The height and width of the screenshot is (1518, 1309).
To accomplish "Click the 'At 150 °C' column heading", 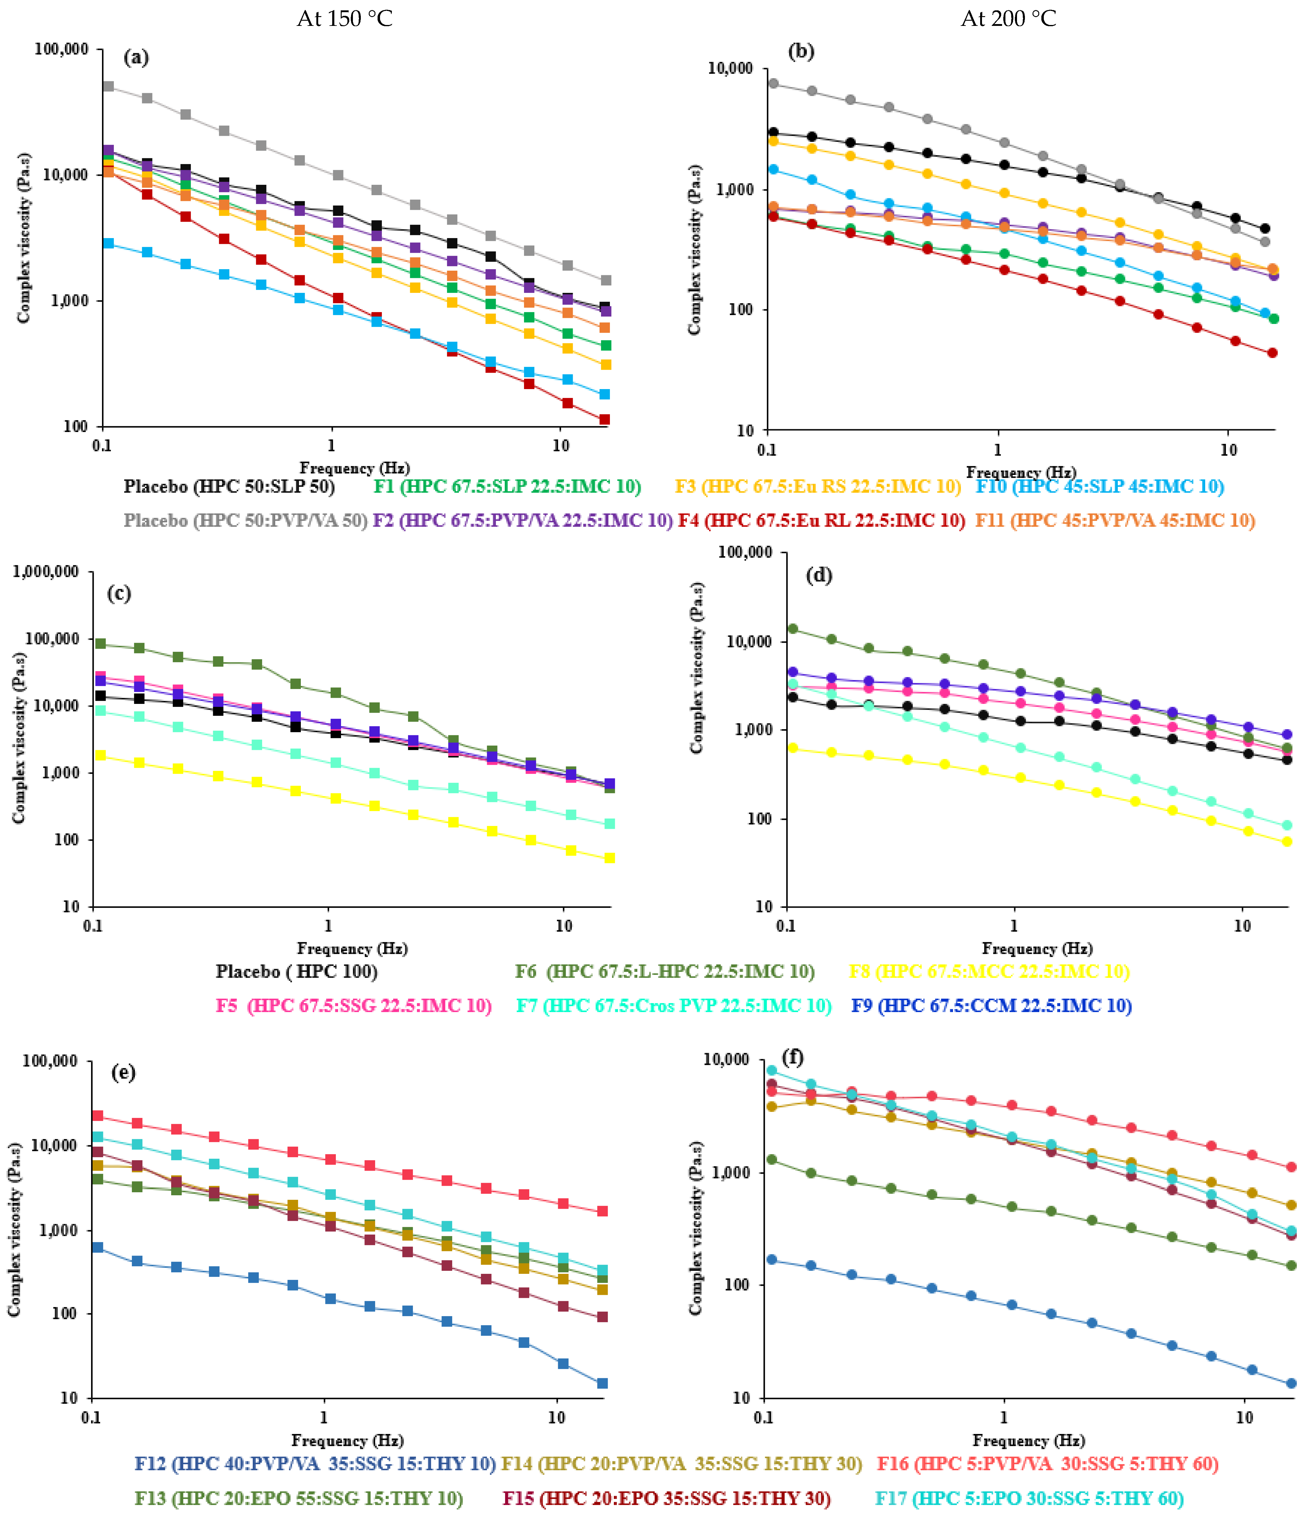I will point(344,18).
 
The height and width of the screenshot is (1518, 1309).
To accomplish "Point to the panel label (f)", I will point(793,1057).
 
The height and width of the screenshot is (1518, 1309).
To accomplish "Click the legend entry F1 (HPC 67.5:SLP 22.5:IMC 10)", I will point(507,487).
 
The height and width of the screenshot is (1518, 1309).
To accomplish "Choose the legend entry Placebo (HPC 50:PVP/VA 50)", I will point(245,520).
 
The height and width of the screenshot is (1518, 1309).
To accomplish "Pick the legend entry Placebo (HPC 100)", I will point(297,972).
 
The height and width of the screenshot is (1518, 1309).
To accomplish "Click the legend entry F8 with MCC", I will point(989,972).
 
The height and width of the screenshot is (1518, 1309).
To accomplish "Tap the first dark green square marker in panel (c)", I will point(100,644).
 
